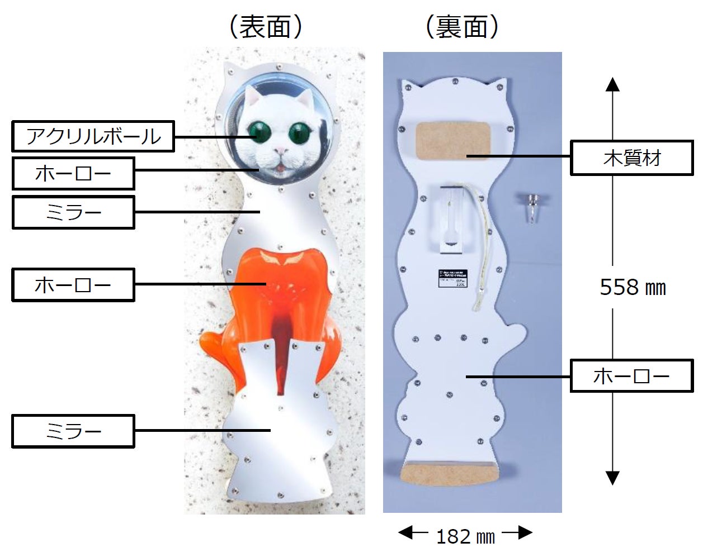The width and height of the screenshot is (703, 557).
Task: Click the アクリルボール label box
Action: [x=93, y=136]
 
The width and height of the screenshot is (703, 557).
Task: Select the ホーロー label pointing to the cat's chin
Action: [x=73, y=174]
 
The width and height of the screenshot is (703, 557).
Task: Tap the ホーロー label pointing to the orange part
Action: [x=73, y=285]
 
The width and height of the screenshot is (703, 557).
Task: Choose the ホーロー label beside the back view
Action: [x=631, y=375]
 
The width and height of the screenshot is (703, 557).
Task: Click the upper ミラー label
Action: [x=73, y=212]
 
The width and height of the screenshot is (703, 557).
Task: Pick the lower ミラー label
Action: [x=73, y=431]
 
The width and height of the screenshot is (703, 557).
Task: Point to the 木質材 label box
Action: [x=631, y=159]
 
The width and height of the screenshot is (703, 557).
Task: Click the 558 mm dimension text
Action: [x=633, y=288]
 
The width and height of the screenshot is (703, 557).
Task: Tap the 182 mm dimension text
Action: [x=465, y=537]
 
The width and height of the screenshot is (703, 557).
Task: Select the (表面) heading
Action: [x=266, y=27]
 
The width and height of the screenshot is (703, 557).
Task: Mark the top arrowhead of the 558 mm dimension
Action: [x=613, y=85]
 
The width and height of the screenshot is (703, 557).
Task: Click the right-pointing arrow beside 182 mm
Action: [x=518, y=532]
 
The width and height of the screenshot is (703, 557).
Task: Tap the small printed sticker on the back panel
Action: [x=452, y=278]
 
